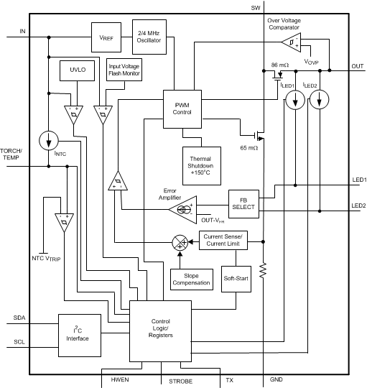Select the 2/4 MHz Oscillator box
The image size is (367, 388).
pos(149,35)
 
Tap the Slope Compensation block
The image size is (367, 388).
pos(191,279)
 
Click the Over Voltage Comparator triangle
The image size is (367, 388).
pos(290,44)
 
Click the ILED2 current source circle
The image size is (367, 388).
pos(320,100)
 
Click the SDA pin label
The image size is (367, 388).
pos(19,317)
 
